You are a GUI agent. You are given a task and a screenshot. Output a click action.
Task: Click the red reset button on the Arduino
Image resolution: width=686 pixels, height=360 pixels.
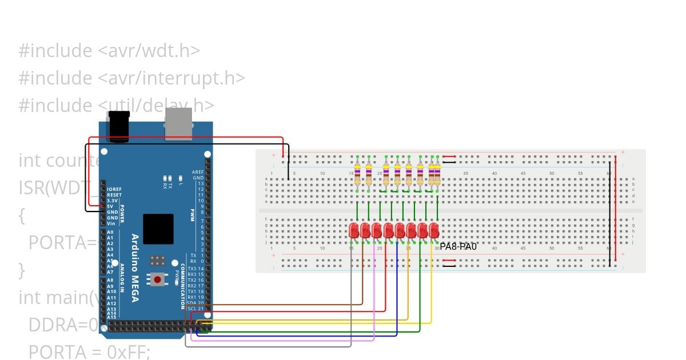pos(157,279)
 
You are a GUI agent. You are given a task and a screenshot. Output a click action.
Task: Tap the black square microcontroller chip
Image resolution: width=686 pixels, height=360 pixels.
pos(158,229)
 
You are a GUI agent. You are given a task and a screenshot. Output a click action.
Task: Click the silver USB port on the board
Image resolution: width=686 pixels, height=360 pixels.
pos(179,124)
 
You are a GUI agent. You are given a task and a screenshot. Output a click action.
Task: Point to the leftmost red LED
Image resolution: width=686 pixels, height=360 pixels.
pos(354,230)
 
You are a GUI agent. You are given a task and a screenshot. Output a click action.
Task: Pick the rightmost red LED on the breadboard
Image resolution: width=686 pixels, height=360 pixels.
pos(434,230)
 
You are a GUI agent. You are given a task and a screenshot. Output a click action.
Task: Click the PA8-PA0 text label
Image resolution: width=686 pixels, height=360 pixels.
pos(458,246)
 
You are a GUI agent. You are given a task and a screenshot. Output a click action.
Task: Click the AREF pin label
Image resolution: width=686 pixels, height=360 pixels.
pos(198,172)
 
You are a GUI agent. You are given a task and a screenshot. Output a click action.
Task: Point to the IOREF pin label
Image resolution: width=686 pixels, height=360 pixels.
pos(114,189)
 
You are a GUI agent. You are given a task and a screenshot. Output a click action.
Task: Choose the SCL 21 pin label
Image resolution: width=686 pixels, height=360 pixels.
pos(196,309)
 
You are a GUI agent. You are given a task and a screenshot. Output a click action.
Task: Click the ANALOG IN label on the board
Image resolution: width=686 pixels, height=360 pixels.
pos(122,280)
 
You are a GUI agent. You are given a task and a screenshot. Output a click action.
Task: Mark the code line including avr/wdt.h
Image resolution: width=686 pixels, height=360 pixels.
pos(109,50)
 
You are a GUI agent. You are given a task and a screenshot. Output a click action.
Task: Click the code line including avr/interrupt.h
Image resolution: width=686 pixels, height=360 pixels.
pos(132,78)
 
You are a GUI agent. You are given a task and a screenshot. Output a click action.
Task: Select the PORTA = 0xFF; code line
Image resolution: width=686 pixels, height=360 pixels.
pos(89,351)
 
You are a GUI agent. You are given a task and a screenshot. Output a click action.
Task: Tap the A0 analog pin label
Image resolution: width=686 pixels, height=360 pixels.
pos(110,233)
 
